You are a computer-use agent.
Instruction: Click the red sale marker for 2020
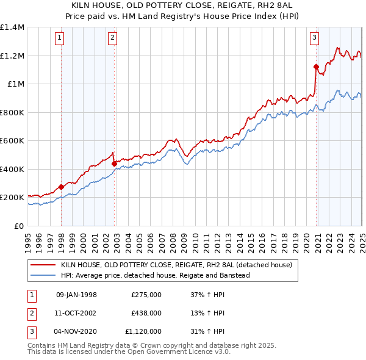pyautogui.click(x=316, y=67)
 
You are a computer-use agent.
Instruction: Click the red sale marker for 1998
pyautogui.click(x=61, y=187)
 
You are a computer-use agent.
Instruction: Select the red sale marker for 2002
pyautogui.click(x=114, y=164)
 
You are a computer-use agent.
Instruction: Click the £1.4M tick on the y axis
pyautogui.click(x=12, y=27)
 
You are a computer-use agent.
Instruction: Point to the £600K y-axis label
pyautogui.click(x=12, y=141)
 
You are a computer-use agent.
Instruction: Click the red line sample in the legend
pyautogui.click(x=43, y=265)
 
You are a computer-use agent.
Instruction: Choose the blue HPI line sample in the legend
pyautogui.click(x=43, y=275)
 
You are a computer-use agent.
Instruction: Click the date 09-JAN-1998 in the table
pyautogui.click(x=76, y=295)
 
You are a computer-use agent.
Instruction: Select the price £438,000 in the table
pyautogui.click(x=146, y=313)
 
